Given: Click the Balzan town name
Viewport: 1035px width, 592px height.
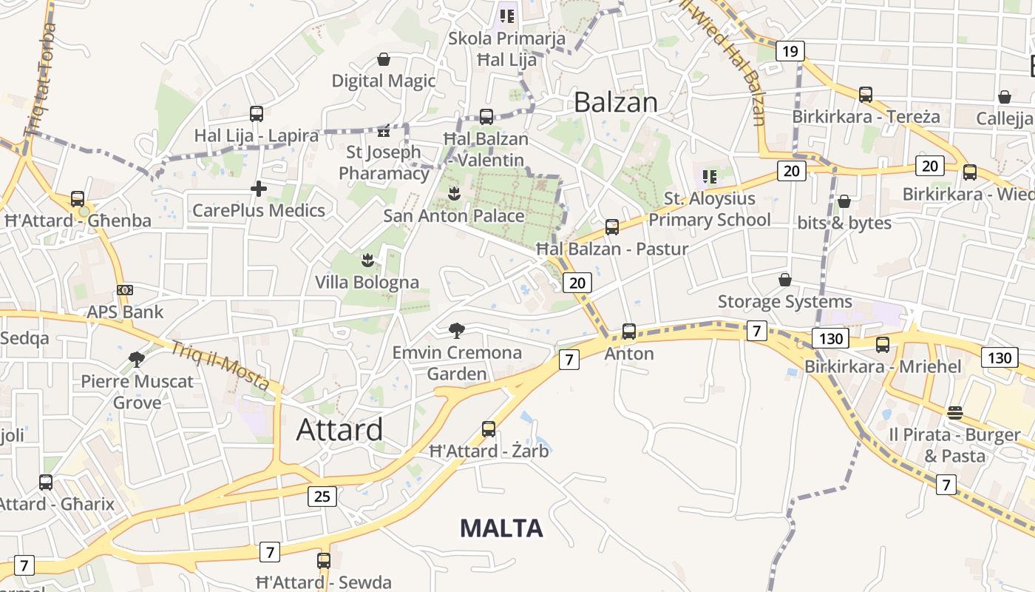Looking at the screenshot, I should (x=615, y=102).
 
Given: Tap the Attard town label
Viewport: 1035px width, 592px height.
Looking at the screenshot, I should (x=340, y=429).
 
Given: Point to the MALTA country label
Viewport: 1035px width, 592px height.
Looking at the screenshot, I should (x=501, y=528).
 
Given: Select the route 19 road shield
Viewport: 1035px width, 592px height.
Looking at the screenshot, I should (x=790, y=51).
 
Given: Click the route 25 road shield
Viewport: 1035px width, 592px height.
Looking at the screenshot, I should (x=322, y=496).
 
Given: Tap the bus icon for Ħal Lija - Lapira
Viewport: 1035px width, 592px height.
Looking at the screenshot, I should (x=257, y=114).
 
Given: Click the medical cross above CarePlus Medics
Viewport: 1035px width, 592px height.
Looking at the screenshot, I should (x=259, y=189).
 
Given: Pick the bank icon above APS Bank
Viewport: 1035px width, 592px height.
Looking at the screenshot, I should (x=125, y=290).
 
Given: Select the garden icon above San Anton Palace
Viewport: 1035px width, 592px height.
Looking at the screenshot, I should (x=454, y=194).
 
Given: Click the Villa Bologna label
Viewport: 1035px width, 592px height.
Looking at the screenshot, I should (x=367, y=282).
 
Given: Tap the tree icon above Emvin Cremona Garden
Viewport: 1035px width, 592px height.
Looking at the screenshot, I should (x=457, y=330).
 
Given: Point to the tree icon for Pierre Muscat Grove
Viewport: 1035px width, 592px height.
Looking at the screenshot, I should (x=136, y=360).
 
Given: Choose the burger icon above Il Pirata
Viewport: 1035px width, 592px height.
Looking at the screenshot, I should (x=955, y=412).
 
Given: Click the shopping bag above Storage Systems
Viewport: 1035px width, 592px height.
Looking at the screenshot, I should (x=785, y=280).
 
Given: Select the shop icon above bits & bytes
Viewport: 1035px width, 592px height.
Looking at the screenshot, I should (x=844, y=201).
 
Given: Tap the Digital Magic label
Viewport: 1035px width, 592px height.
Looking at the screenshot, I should (x=384, y=81).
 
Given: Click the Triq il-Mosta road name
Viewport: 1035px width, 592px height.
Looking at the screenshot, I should (x=220, y=366).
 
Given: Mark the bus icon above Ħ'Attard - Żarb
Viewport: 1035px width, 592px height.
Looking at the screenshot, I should (x=489, y=428).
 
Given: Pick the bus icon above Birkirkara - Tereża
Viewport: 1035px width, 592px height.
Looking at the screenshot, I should (x=866, y=95).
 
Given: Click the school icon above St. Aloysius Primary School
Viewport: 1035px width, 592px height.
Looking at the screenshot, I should (x=710, y=176).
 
